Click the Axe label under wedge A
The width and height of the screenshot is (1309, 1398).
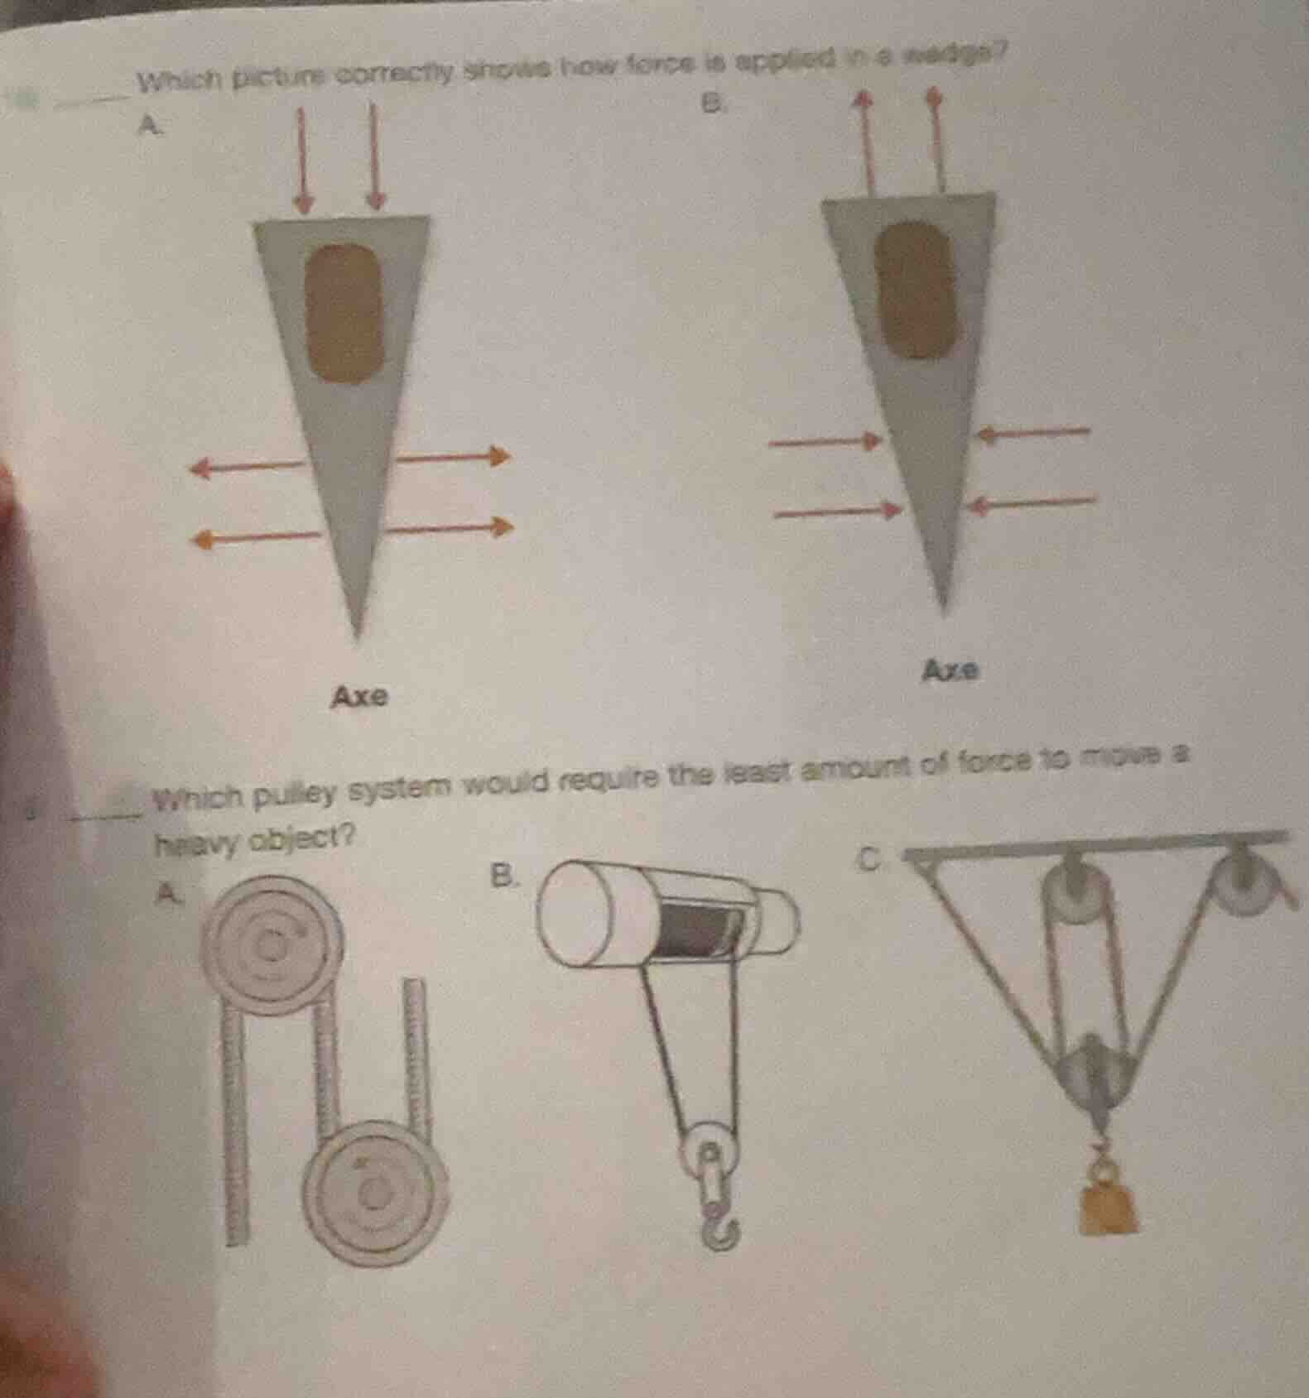coord(359,698)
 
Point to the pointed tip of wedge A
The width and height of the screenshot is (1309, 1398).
coord(356,633)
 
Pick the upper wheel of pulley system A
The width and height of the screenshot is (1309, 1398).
coord(273,943)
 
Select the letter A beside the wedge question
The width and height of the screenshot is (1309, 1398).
coord(147,125)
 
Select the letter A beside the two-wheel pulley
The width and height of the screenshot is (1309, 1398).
coord(169,892)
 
